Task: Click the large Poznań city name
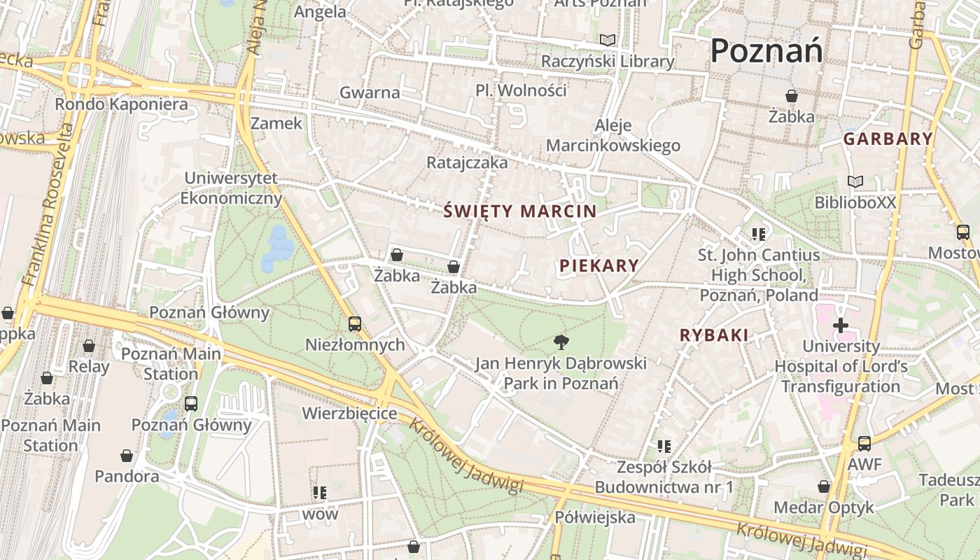(766, 51)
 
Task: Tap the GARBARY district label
(888, 139)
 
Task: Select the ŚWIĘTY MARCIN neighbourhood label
(520, 211)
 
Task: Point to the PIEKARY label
(599, 265)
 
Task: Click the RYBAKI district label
(714, 335)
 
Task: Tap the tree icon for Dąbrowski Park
(561, 342)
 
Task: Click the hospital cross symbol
(841, 325)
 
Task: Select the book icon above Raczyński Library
(608, 40)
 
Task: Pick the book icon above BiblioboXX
(855, 182)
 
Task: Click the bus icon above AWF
(864, 443)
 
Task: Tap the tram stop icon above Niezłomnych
(355, 323)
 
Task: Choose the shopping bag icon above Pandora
(127, 456)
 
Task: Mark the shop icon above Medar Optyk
(824, 486)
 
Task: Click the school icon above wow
(320, 493)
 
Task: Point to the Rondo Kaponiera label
(122, 104)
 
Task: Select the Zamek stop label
(276, 123)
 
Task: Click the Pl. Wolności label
(521, 90)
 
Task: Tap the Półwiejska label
(595, 517)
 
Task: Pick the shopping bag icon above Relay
(89, 346)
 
